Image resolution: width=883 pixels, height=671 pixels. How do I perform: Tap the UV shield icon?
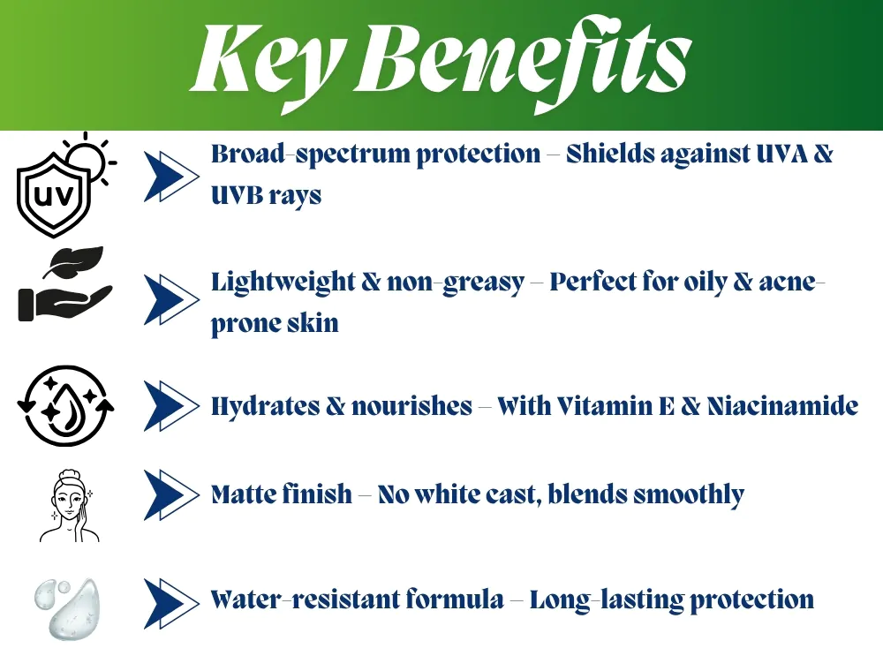pos(54,194)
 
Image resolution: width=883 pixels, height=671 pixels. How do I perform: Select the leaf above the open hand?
pos(74,261)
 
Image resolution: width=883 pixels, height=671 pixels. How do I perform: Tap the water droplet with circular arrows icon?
pos(66,406)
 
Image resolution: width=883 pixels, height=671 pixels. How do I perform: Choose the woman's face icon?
pos(69,506)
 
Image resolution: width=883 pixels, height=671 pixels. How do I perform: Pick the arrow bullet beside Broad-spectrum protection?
pos(171,177)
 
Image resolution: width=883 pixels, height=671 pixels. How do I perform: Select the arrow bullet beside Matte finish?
pos(171,494)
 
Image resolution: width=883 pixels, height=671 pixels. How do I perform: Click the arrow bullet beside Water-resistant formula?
pos(171,603)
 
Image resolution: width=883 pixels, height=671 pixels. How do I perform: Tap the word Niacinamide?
pos(782,406)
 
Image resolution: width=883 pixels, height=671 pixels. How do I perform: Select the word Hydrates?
pos(265,407)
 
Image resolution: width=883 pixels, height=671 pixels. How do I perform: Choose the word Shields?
pos(610,154)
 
